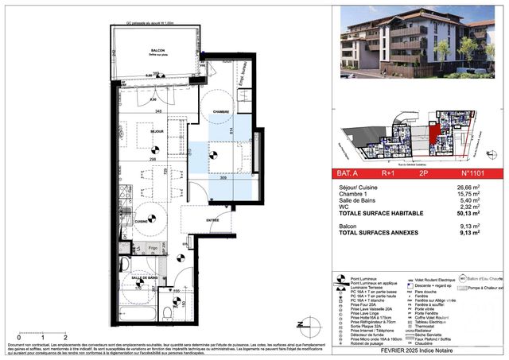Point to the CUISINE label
coord(141,220)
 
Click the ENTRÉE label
coord(213,220)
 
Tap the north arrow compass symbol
coord(301,323)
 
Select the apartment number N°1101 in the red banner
coord(471,172)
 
